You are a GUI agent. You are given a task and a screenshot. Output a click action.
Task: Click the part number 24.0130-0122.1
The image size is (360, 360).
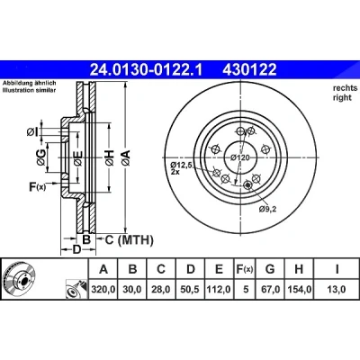click(x=147, y=70)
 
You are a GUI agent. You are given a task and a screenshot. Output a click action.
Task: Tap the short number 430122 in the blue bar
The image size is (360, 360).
click(x=249, y=70)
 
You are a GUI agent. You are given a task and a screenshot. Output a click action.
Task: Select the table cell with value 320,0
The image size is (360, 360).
click(x=103, y=290)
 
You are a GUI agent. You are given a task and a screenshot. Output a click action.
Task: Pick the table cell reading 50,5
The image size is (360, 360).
click(x=191, y=290)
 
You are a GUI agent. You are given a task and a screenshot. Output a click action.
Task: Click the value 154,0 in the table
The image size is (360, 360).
click(x=299, y=290)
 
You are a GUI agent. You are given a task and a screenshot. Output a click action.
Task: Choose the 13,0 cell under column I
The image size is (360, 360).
click(x=337, y=290)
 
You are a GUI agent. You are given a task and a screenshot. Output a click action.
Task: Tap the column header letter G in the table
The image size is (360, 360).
click(x=270, y=269)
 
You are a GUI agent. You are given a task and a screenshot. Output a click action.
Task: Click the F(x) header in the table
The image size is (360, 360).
click(x=245, y=269)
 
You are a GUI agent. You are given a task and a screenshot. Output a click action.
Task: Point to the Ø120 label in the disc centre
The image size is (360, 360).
click(x=240, y=157)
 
